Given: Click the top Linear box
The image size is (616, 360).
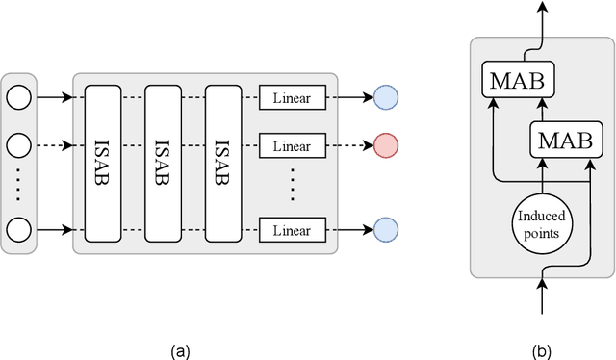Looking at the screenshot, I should click(x=293, y=97).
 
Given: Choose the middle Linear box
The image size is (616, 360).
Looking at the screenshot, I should click(x=293, y=146).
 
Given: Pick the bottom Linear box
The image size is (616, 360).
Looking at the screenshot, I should click(x=293, y=229).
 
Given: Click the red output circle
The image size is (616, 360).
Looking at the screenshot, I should click(x=385, y=146).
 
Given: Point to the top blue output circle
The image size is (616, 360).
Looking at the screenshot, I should click(x=385, y=97).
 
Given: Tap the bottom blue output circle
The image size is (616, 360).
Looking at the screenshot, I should click(x=385, y=229).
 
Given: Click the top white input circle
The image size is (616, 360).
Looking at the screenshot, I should click(x=18, y=97).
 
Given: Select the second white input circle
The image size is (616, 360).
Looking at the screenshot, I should click(x=18, y=146).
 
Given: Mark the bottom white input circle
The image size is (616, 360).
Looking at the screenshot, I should click(x=18, y=229).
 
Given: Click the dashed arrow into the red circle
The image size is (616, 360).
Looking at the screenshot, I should click(x=348, y=146).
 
